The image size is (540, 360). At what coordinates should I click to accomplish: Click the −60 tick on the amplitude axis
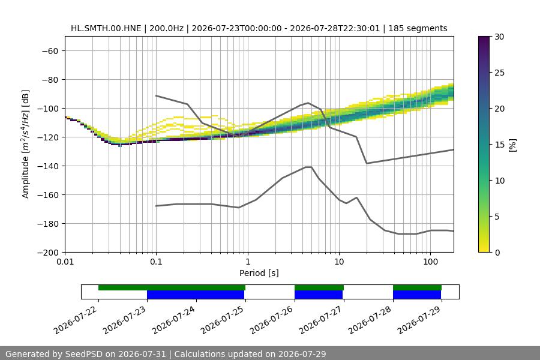point(50,51)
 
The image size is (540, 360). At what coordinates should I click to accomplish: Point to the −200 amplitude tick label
point(48,253)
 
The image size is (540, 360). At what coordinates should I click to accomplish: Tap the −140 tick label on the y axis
point(48,166)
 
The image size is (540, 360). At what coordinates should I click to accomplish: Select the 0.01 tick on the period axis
point(65,262)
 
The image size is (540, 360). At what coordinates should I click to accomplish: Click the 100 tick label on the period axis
point(430,262)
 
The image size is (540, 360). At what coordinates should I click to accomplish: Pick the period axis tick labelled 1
point(248,262)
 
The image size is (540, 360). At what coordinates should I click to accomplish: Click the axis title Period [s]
point(259,273)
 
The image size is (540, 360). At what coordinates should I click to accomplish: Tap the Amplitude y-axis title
point(25,144)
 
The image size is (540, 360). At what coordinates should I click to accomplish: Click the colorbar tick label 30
point(499,37)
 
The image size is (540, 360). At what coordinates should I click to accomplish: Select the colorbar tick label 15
point(499,145)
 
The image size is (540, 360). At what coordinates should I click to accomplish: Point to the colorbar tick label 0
point(497,253)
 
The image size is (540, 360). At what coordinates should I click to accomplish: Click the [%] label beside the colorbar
point(513,145)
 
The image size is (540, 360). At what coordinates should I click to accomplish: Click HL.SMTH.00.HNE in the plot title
point(106,28)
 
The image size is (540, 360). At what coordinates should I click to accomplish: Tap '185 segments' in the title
point(418,28)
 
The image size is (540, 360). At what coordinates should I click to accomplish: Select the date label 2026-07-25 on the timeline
point(222,320)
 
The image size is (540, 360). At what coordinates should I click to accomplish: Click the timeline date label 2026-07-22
point(76,320)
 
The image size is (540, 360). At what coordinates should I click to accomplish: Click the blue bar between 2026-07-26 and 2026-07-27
point(319,295)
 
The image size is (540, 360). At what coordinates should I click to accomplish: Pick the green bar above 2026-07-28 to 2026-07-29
point(417,287)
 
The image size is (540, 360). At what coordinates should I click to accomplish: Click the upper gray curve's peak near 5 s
point(308,103)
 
